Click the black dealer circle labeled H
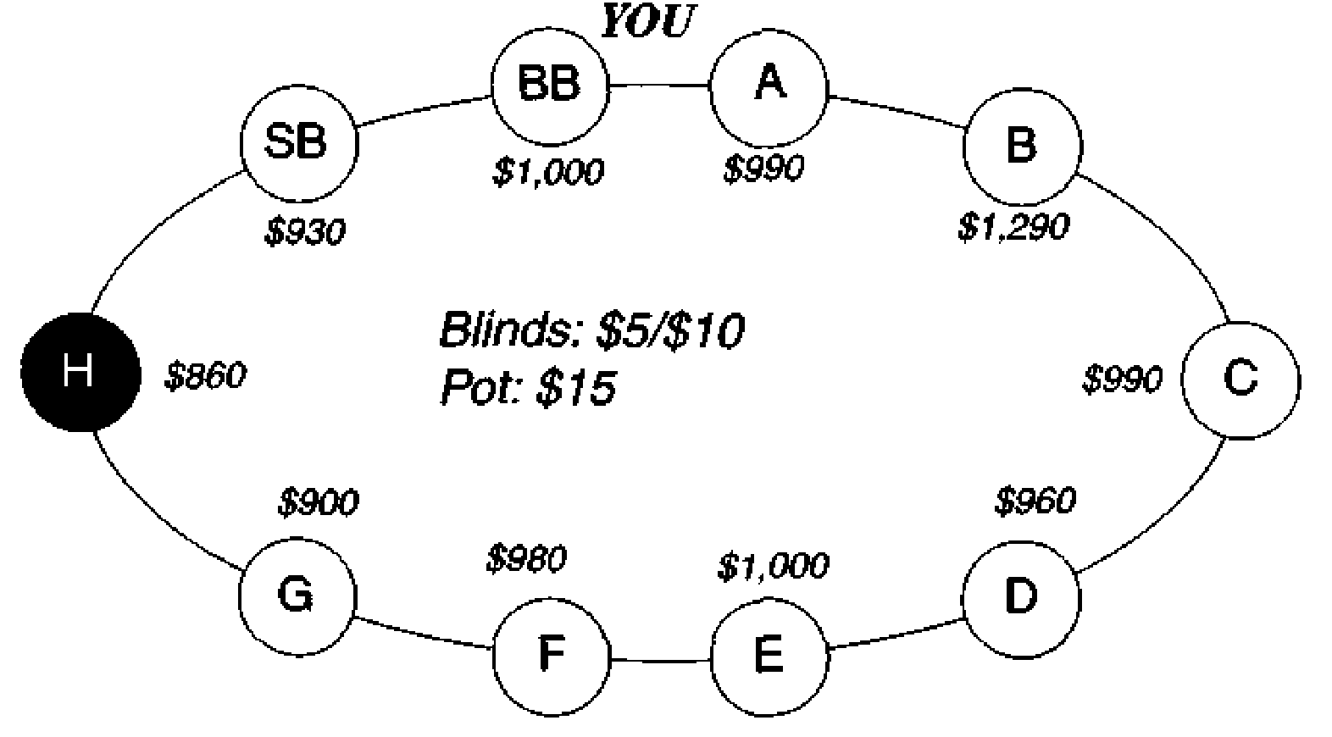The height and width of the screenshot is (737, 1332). tap(80, 372)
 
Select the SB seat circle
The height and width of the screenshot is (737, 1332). tap(299, 143)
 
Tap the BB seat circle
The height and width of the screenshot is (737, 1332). tap(550, 86)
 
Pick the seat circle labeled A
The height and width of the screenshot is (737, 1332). tap(769, 86)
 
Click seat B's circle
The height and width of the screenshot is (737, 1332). tap(1022, 147)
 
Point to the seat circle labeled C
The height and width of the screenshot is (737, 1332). tap(1240, 380)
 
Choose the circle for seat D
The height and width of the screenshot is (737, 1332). tap(1021, 599)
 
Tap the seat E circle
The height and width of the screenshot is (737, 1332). tap(769, 657)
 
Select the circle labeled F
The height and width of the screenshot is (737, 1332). tap(552, 657)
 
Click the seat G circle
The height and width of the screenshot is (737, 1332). tap(297, 596)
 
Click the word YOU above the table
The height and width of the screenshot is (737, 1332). tap(647, 21)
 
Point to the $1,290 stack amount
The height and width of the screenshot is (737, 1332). tap(1014, 227)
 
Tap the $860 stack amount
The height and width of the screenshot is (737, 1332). tap(205, 375)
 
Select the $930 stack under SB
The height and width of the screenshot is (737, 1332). tap(305, 231)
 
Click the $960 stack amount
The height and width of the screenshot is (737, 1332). tap(1035, 500)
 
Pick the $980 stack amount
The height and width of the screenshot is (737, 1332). tap(526, 559)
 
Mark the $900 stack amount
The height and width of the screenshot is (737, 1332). tap(318, 501)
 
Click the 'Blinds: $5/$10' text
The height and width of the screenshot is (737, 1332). tap(591, 330)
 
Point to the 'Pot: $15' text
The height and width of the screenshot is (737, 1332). tap(528, 387)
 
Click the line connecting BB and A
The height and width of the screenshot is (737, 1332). tap(659, 86)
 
